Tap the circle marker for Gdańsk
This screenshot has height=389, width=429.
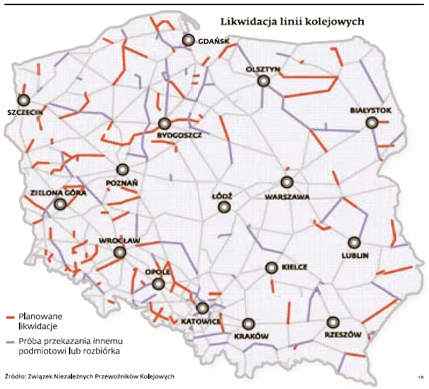(188, 40)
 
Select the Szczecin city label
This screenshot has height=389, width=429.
(25, 111)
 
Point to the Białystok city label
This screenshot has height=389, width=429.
(371, 111)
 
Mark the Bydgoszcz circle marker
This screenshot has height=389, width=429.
(165, 124)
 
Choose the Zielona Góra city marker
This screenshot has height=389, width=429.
(60, 204)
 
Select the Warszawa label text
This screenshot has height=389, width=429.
(287, 197)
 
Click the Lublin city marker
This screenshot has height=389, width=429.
(354, 242)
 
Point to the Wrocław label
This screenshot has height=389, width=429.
(119, 240)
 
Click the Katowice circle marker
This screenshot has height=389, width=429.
(202, 309)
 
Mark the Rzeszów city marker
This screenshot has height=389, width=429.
(332, 321)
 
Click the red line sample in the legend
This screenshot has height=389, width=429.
(9, 316)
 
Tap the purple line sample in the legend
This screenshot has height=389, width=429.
(9, 342)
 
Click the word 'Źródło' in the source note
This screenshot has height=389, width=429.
(15, 376)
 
